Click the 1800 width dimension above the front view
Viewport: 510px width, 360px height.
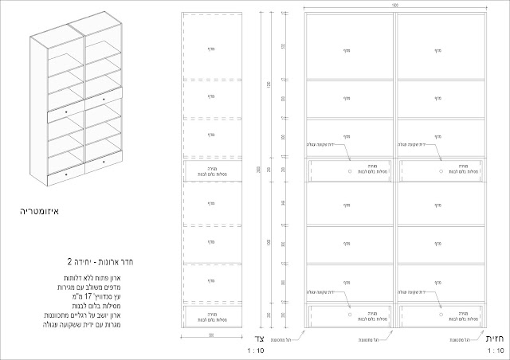pos(396,6)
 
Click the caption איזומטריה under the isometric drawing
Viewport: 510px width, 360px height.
pos(41,213)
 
